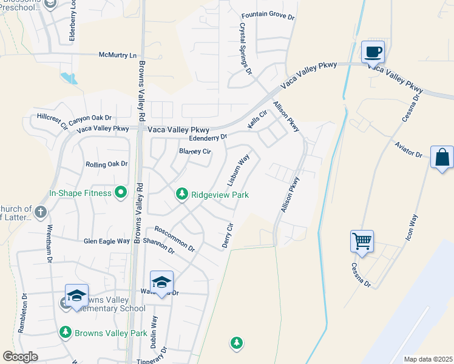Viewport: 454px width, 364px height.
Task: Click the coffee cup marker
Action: pyautogui.click(x=373, y=52)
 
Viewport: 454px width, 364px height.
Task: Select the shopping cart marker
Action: pyautogui.click(x=362, y=241)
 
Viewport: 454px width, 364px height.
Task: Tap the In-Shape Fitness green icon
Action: pyautogui.click(x=121, y=193)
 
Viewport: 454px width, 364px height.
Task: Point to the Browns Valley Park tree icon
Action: pyautogui.click(x=65, y=332)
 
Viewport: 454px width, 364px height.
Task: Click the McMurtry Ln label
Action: pyautogui.click(x=118, y=55)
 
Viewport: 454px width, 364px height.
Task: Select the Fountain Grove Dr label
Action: pyautogui.click(x=268, y=16)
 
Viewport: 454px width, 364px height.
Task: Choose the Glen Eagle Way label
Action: pyautogui.click(x=107, y=241)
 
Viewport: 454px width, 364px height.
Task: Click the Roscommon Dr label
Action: pyautogui.click(x=174, y=239)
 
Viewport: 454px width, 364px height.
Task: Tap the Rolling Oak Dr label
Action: pyautogui.click(x=107, y=164)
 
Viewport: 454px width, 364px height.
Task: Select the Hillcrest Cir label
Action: pyautogui.click(x=52, y=120)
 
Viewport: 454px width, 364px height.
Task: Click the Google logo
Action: pyautogui.click(x=21, y=357)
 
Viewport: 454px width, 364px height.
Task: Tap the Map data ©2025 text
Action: pyautogui.click(x=428, y=359)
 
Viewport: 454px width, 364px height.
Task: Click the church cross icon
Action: pyautogui.click(x=40, y=212)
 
